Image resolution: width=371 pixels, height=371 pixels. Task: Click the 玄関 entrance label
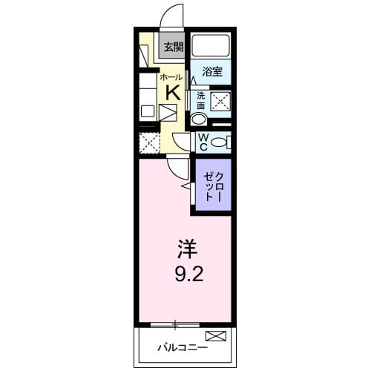pyautogui.click(x=173, y=47)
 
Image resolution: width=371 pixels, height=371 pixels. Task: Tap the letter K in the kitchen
pyautogui.click(x=172, y=92)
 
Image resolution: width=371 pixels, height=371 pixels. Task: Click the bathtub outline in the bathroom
pyautogui.click(x=211, y=47)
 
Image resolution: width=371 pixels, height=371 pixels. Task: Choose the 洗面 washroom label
pyautogui.click(x=200, y=100)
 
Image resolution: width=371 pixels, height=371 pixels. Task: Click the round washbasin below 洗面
pyautogui.click(x=199, y=119)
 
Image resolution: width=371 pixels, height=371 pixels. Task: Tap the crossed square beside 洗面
pyautogui.click(x=220, y=102)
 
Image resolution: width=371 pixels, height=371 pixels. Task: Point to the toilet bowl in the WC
pyautogui.click(x=220, y=142)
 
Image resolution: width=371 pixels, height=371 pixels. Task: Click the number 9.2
pyautogui.click(x=185, y=272)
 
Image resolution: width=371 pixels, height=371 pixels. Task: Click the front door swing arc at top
pyautogui.click(x=172, y=16)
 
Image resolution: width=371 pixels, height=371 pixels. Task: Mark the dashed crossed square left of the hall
pyautogui.click(x=149, y=142)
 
